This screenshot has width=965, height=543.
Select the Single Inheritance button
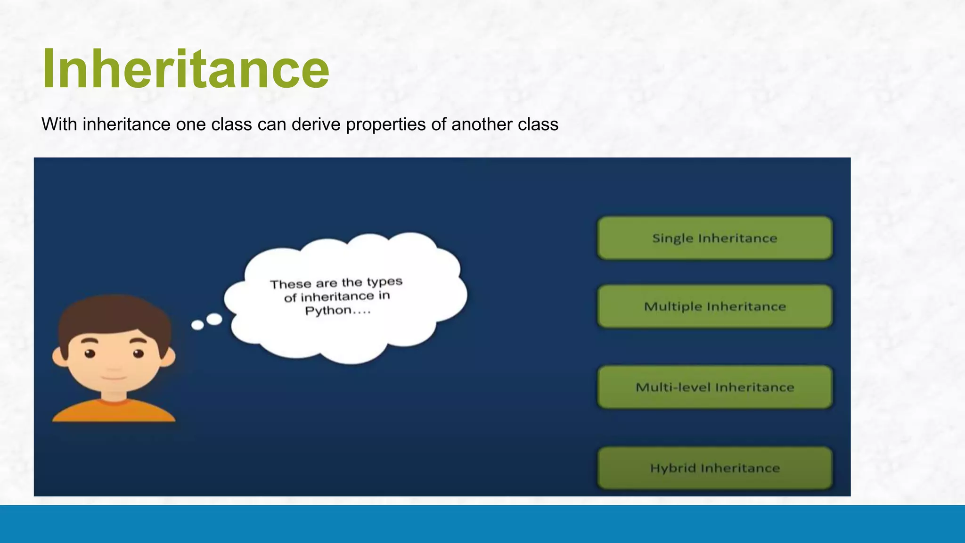coord(714,238)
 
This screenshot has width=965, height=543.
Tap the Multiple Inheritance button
coord(714,306)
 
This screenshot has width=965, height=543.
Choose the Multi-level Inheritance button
coord(714,387)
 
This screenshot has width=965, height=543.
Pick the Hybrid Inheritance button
coord(714,468)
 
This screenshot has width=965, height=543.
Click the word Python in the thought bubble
coord(328,311)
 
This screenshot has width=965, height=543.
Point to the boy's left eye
coord(90,354)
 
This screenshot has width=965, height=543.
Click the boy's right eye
coord(138,354)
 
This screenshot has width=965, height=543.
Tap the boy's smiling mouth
coord(114,378)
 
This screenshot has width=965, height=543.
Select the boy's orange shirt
coord(114,411)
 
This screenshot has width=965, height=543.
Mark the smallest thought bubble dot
coord(197,325)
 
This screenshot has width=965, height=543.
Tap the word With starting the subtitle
coord(59,124)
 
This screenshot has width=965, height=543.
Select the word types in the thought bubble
coord(384,282)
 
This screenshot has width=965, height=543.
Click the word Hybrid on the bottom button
coord(672,468)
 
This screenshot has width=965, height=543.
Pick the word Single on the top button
coord(672,239)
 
